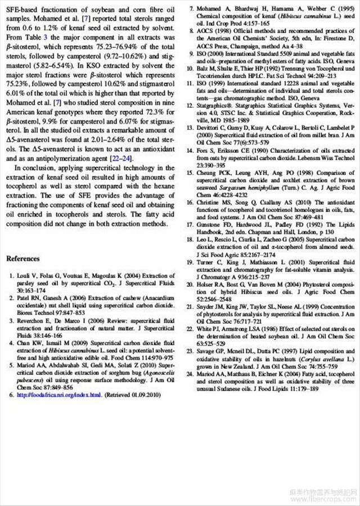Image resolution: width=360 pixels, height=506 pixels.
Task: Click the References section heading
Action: click(x=23, y=259)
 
